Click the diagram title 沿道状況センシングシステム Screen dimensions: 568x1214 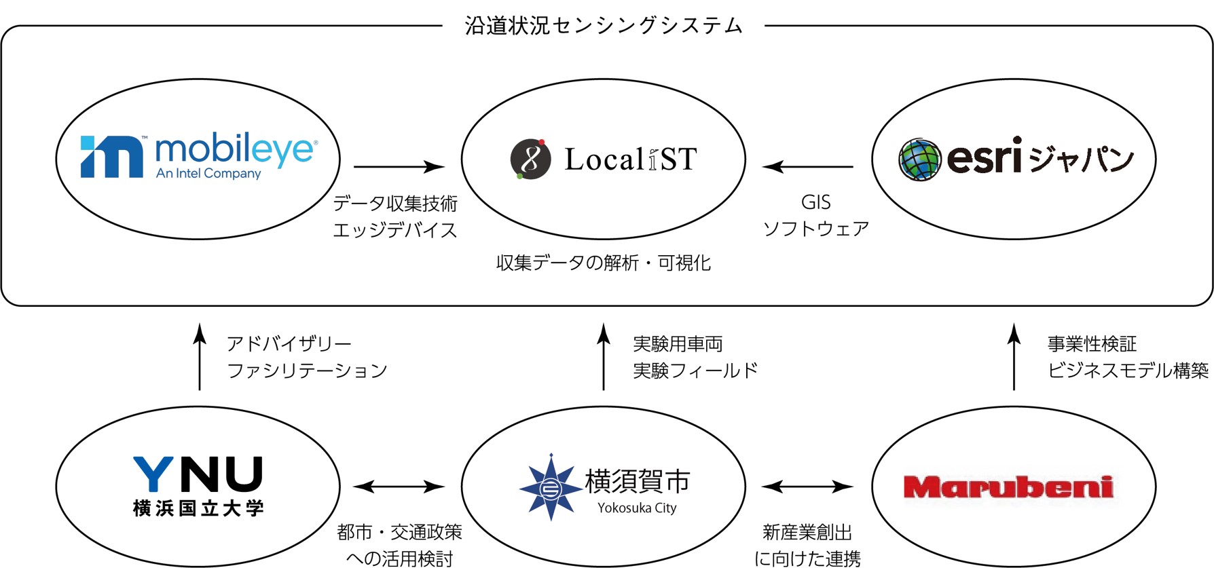(x=604, y=26)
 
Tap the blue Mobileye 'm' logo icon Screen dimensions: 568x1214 (x=111, y=157)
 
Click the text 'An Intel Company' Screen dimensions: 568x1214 (x=208, y=174)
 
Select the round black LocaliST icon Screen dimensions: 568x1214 (x=530, y=159)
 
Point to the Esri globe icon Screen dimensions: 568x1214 (x=919, y=159)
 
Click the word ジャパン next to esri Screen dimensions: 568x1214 (x=1081, y=159)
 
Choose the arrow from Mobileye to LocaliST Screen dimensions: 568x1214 (x=399, y=166)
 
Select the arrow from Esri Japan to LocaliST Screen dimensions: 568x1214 (x=808, y=166)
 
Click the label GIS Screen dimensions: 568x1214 (x=815, y=202)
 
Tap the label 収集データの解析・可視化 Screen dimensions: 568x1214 (x=604, y=263)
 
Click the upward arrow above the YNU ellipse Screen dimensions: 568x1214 (x=200, y=356)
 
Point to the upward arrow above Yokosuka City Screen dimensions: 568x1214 (x=604, y=356)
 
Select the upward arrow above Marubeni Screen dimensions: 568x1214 (x=1014, y=356)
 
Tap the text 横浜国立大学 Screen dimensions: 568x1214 (x=198, y=508)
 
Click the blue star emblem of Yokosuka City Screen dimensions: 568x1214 (x=551, y=487)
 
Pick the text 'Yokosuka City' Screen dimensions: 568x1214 (x=637, y=508)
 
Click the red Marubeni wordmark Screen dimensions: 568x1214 (x=1008, y=487)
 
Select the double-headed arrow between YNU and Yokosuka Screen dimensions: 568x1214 (x=399, y=486)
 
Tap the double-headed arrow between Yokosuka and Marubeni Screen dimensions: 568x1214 (x=807, y=486)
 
